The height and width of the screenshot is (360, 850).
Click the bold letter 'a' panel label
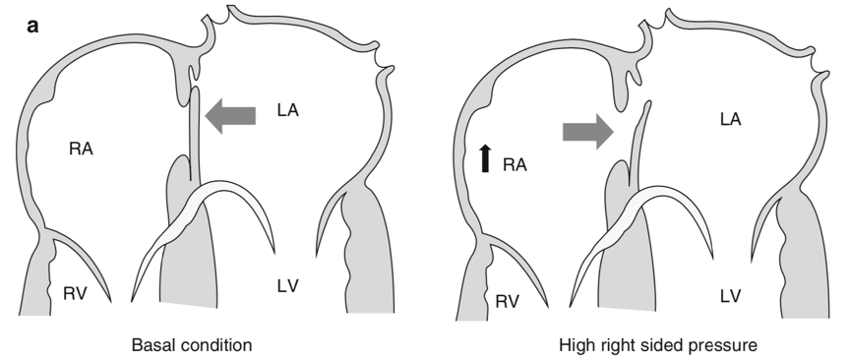tap(32, 26)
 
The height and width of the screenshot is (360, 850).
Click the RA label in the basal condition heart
tap(81, 149)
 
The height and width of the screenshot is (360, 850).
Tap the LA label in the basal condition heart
tap(288, 110)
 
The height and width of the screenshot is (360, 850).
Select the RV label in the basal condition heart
tap(75, 293)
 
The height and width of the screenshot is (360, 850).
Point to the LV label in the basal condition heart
tap(288, 285)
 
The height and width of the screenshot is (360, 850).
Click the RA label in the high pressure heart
tap(515, 164)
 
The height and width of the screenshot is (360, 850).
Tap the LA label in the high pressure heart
tap(730, 119)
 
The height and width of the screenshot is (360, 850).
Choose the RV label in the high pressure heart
tap(508, 301)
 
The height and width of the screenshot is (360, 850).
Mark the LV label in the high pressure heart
tap(730, 296)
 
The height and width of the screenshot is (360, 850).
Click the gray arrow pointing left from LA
tap(230, 115)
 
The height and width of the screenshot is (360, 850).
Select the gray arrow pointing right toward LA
tap(588, 132)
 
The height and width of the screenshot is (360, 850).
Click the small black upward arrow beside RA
tap(485, 158)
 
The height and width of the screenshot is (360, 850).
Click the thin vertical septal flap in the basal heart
tap(195, 133)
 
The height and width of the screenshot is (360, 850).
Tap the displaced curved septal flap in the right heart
tap(637, 144)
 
